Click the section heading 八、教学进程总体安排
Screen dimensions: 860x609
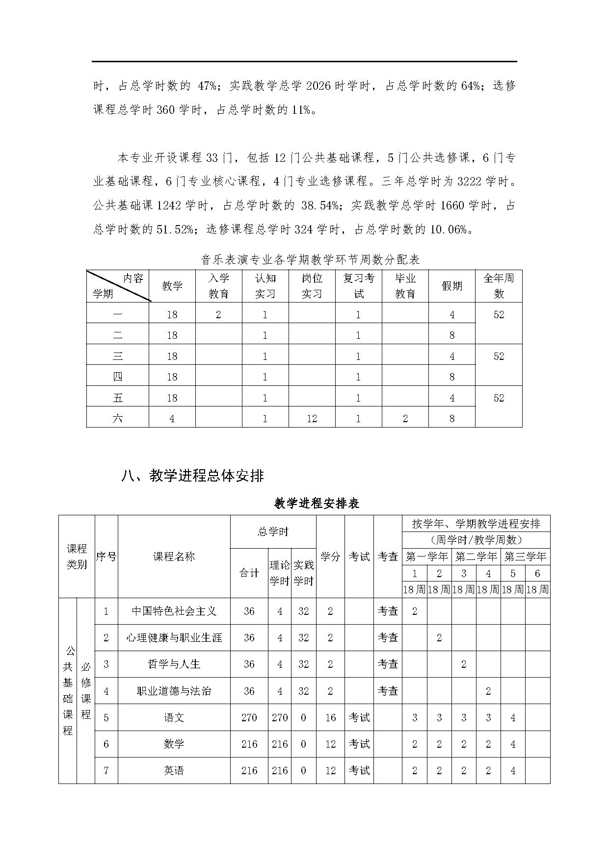click(192, 476)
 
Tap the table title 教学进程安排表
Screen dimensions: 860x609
click(317, 504)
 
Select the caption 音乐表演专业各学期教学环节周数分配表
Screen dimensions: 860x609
click(311, 259)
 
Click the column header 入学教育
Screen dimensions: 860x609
click(218, 286)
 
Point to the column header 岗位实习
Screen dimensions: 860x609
click(312, 286)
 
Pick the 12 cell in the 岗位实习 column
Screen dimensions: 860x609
click(312, 418)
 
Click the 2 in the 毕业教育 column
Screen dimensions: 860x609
click(405, 418)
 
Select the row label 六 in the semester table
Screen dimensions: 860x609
click(118, 418)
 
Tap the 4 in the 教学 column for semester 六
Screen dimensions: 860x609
click(172, 418)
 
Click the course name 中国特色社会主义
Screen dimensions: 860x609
click(174, 611)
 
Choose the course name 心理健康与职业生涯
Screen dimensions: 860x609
click(174, 637)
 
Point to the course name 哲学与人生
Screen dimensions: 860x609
click(174, 664)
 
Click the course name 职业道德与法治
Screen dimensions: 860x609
click(174, 691)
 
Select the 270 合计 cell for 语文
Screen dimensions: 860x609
click(249, 718)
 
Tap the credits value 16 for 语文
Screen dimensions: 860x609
click(330, 718)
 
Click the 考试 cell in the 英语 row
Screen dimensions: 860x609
click(359, 770)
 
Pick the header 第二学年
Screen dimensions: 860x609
click(476, 556)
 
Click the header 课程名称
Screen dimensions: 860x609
click(174, 556)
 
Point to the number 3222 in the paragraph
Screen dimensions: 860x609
click(470, 181)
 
